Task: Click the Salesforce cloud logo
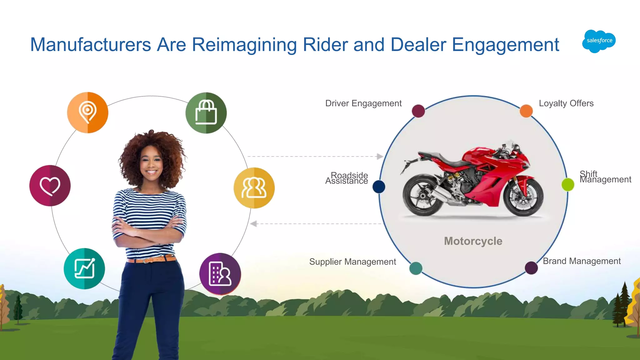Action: (x=599, y=41)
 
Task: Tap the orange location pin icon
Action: (x=88, y=112)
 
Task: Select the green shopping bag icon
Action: (x=206, y=113)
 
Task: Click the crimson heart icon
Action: (x=50, y=186)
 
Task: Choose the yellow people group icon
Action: (x=254, y=188)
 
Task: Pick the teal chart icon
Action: (x=84, y=268)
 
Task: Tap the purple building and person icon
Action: (x=220, y=274)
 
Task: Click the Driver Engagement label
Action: (x=363, y=103)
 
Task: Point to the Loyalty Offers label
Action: (x=566, y=103)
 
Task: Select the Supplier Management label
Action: (x=352, y=262)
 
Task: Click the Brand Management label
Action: (x=582, y=261)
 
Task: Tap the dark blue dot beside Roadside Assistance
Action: (x=379, y=187)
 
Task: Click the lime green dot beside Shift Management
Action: (x=568, y=184)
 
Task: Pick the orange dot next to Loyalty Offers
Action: (x=526, y=111)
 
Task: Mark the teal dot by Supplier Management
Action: (x=416, y=268)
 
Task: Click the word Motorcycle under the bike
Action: (x=473, y=241)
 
